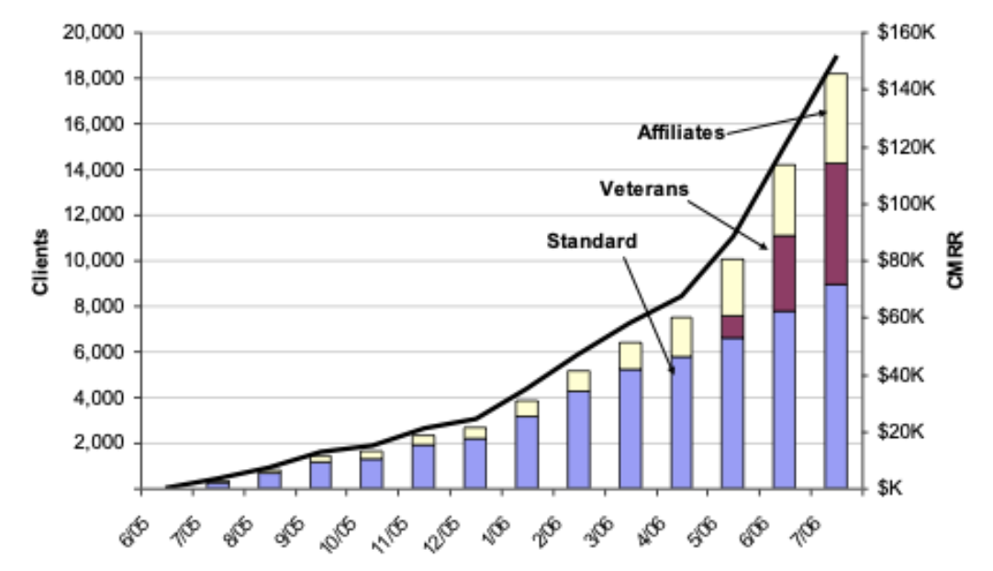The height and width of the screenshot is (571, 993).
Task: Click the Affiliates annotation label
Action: coord(681,131)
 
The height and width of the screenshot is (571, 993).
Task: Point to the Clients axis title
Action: coord(39,261)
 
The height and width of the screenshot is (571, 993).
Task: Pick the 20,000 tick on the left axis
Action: coord(97,33)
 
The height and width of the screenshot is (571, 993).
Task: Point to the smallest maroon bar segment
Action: coord(732,327)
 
